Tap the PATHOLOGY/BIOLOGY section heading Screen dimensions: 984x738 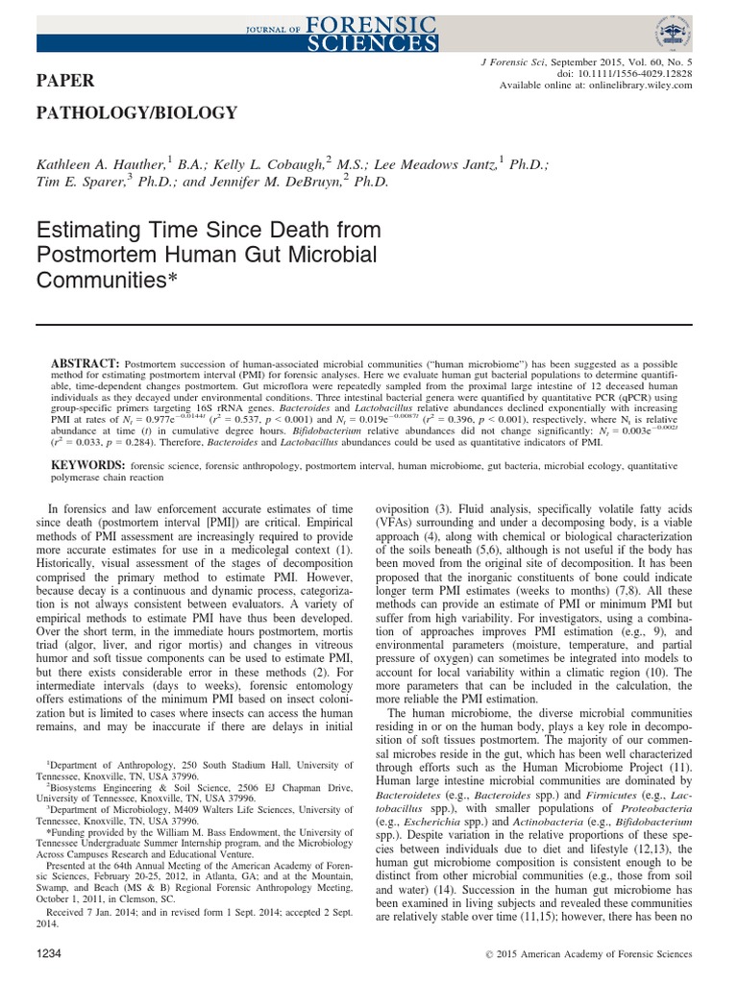136,113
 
